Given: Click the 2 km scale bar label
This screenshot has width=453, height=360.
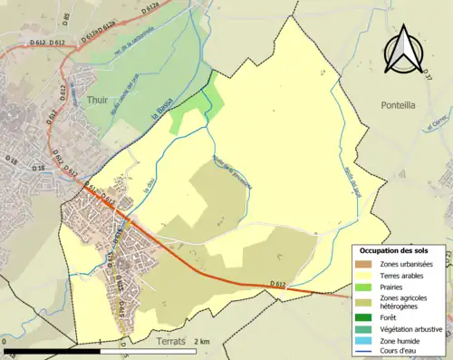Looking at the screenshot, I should pos(203,341).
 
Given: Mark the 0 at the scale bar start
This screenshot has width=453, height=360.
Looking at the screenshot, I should pos(5,342).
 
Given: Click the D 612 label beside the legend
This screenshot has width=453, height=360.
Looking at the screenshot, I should pos(277,259).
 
